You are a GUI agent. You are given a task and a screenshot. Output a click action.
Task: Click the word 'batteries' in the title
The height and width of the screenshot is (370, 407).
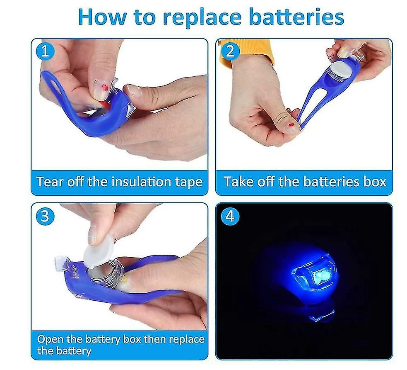pos(296,17)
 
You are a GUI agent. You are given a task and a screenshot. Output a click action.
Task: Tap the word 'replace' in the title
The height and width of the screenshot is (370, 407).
pos(202,18)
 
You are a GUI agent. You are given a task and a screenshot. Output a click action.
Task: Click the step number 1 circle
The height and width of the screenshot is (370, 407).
pos(45,51)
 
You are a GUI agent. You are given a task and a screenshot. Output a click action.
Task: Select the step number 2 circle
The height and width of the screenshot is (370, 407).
pos(230,51)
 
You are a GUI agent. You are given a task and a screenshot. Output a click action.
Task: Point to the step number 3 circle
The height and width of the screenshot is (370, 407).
pos(45,216)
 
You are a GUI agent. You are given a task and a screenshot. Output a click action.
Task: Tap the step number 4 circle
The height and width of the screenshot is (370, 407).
pos(230,216)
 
